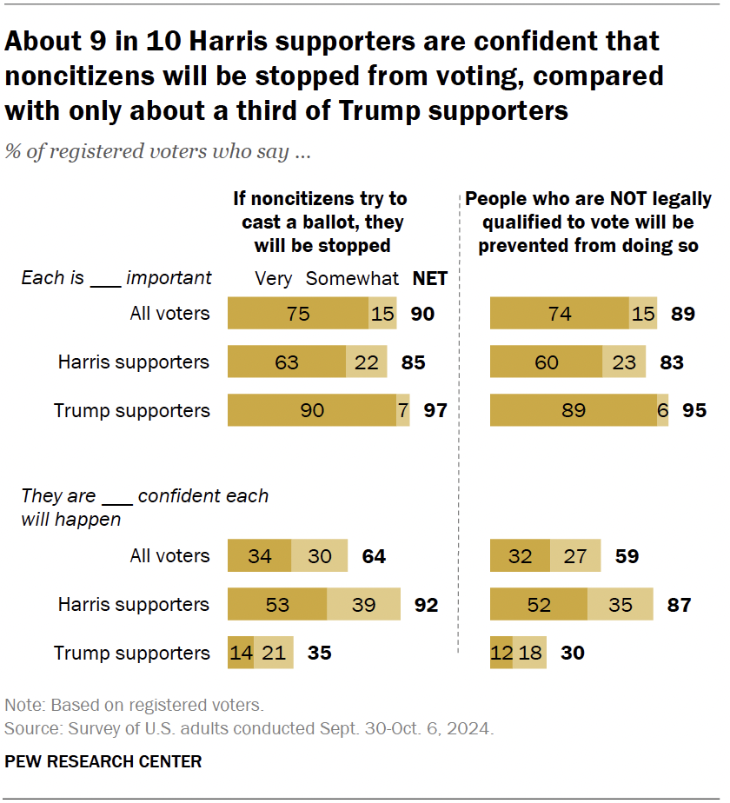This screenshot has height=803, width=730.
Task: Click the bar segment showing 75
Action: pos(298,313)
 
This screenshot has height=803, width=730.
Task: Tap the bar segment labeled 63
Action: pos(287,362)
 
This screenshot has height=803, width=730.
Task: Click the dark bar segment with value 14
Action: pos(236,653)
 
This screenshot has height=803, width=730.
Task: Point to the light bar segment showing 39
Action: pos(363,604)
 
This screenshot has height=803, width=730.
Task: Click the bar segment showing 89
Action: pos(573,410)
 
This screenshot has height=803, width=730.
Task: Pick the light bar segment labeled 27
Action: pos(574,555)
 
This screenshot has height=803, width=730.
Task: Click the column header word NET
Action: pos(429,279)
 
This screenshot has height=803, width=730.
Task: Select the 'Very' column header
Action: pos(272,279)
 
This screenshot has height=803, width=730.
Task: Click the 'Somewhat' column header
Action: pos(352,279)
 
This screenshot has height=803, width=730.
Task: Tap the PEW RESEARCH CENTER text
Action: pos(103,762)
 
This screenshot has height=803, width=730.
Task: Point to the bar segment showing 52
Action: pos(539,604)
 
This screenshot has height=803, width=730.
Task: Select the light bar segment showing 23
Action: pos(624,362)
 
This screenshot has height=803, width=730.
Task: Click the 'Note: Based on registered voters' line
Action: pos(134,705)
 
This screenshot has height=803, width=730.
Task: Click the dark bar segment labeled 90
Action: pos(312,410)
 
